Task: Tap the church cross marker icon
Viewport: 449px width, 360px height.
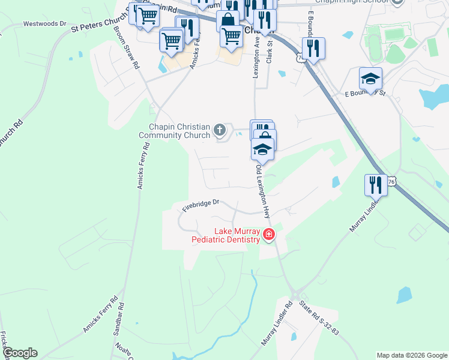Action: (220, 128)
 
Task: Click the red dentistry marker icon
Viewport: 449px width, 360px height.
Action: (268, 235)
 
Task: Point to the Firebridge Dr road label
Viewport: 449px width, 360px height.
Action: (200, 205)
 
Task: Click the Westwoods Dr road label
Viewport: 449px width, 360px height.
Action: (44, 24)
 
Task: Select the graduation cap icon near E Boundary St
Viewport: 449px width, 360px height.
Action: (370, 79)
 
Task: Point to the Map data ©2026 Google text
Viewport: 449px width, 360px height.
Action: (411, 355)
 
